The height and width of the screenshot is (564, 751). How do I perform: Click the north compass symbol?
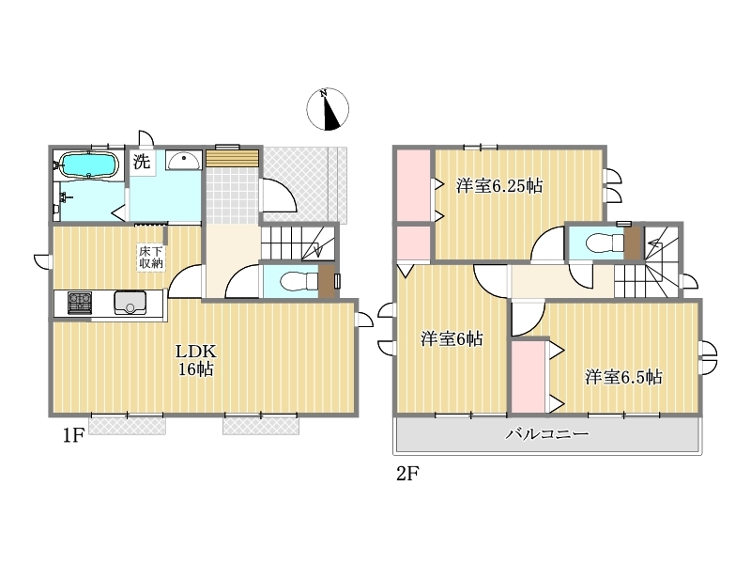[328, 109]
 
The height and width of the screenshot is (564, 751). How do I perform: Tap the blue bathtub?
[89, 165]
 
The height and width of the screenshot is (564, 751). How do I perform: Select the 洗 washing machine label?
[142, 162]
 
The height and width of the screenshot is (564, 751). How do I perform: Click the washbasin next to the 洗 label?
[183, 160]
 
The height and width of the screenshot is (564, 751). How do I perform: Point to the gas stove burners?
[80, 303]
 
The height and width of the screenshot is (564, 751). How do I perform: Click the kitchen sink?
[130, 303]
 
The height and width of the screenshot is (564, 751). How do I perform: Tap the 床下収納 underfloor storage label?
[151, 257]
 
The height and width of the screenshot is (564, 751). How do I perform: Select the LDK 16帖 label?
[196, 360]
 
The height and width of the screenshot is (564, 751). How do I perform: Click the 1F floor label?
[73, 435]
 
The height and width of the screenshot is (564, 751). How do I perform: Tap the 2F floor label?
[407, 474]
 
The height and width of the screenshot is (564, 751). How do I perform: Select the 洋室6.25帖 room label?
[499, 185]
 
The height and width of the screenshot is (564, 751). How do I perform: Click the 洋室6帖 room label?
[452, 339]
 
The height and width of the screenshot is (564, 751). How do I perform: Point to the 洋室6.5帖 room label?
[623, 378]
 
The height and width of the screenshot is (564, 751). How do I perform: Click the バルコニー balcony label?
[547, 434]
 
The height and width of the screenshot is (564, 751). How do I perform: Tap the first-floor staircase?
[298, 243]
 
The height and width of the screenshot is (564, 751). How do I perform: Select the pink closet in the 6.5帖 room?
[529, 377]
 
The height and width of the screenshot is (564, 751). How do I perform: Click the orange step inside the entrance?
[232, 158]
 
